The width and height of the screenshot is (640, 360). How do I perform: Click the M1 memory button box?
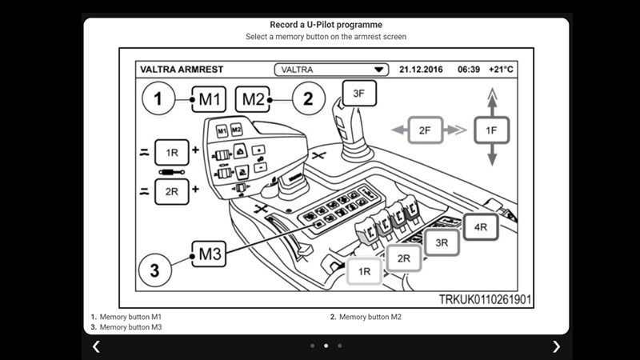210,100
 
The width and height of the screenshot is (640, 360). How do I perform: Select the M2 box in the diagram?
254,100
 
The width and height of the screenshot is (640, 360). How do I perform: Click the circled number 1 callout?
158,100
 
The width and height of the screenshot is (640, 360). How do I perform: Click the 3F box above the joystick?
359,94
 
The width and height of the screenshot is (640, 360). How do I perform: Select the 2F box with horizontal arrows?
425,129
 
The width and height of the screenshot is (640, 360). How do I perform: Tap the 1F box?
492,129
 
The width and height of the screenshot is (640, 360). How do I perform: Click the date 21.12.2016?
422,70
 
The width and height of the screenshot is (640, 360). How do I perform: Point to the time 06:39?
468,70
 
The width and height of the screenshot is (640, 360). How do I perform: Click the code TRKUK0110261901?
485,299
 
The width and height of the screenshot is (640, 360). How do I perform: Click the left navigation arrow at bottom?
96,346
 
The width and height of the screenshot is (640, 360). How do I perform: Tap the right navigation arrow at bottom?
557,346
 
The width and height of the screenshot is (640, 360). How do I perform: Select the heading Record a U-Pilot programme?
326,25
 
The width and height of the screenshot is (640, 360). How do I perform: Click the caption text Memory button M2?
370,317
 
